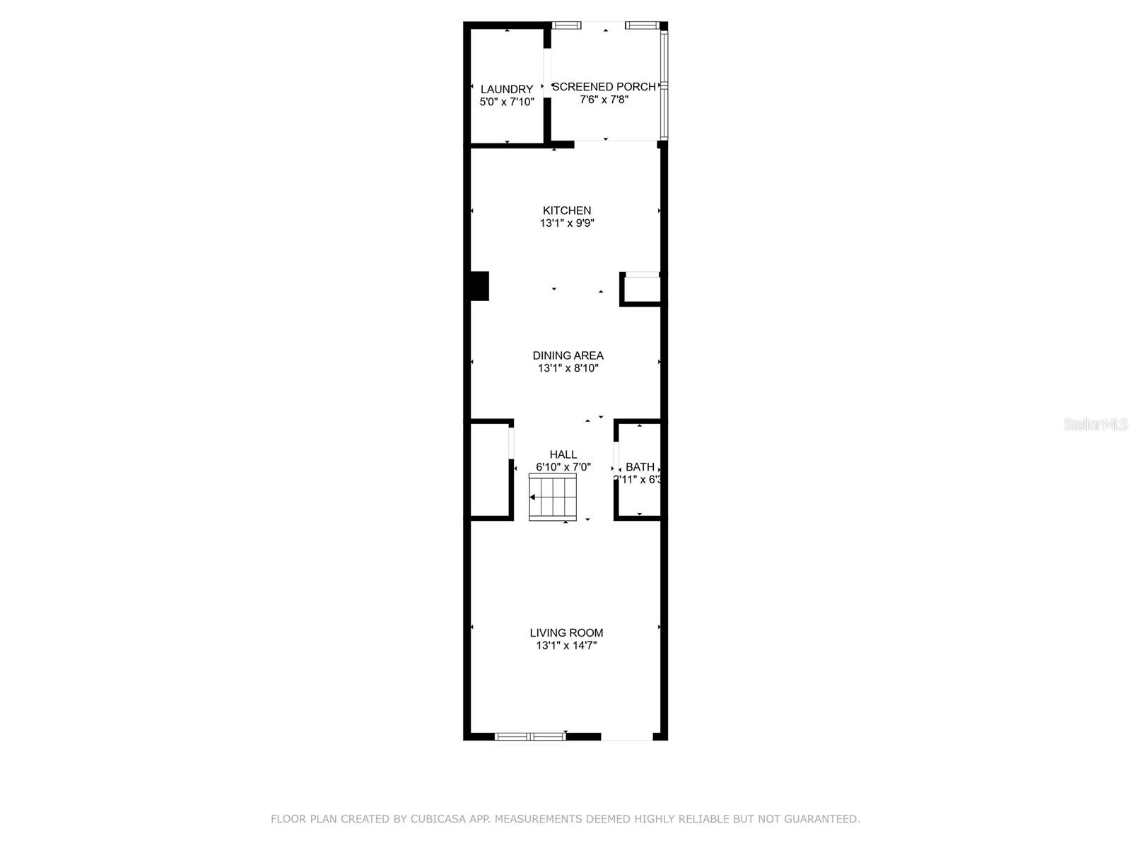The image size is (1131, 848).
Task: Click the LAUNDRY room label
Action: point(507,90)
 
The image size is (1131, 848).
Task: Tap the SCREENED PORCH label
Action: point(604,87)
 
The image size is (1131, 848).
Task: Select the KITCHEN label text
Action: point(567,211)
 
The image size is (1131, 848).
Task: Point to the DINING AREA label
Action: point(568,355)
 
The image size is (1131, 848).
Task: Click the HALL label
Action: point(563,454)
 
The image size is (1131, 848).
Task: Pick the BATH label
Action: point(640,467)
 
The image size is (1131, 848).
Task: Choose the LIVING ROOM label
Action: point(566,633)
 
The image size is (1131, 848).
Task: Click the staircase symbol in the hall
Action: point(553,497)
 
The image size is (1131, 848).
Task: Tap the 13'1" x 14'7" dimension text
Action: point(566,646)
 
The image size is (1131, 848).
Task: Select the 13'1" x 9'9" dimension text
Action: point(567,223)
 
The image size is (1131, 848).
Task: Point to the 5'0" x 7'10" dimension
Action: point(507,102)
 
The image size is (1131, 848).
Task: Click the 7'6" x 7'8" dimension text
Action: point(604,100)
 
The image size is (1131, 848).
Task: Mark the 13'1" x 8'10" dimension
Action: point(568,368)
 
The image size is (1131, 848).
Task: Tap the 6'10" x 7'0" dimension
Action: point(563,467)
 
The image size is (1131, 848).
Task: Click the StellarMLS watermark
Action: point(1096,425)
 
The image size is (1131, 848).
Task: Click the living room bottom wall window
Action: point(530,736)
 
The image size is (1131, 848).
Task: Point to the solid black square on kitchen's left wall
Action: point(479,286)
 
